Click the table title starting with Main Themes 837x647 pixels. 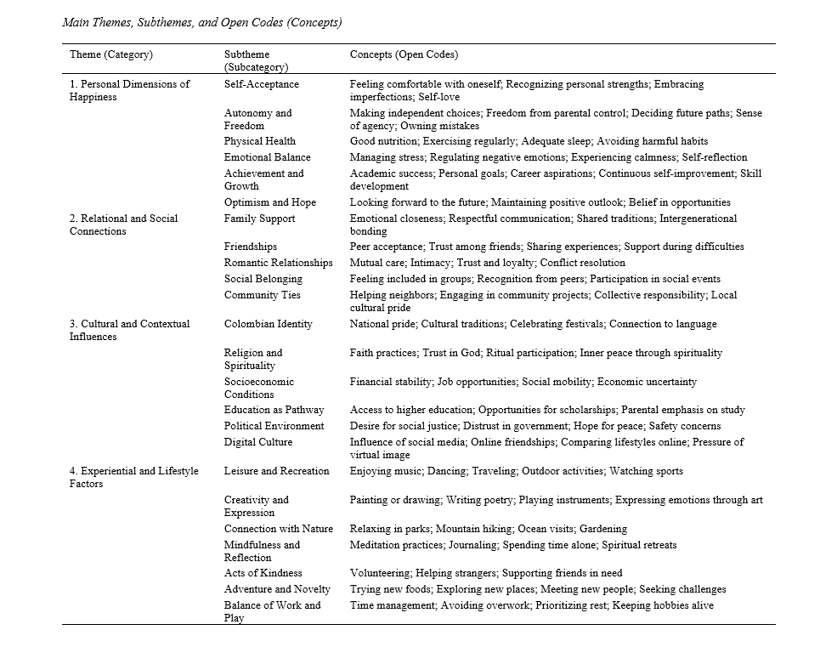202,22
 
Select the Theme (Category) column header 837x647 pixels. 111,54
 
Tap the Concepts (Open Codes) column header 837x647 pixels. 404,54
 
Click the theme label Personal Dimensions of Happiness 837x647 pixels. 129,90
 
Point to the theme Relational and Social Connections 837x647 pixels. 123,224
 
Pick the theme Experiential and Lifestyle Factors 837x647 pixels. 133,477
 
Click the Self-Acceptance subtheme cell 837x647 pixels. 262,84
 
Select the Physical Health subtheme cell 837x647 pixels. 260,141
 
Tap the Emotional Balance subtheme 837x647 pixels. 268,157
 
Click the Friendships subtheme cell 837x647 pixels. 251,247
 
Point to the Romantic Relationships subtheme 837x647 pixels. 279,263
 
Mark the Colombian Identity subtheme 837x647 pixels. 269,324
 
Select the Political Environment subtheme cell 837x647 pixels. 274,426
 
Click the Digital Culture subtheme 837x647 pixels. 258,442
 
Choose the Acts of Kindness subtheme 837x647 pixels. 263,573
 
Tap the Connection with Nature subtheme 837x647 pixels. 279,529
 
